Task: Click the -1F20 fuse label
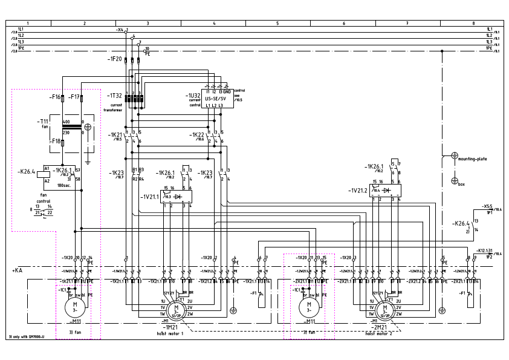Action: [115, 59]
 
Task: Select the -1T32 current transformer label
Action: [115, 96]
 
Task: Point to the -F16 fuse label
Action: [56, 97]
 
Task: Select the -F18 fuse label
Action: [56, 141]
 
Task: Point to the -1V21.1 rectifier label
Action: [150, 196]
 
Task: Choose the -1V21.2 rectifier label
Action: [357, 190]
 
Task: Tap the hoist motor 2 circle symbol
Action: [383, 310]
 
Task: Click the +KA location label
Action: [17, 270]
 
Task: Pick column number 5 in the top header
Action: [277, 22]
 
